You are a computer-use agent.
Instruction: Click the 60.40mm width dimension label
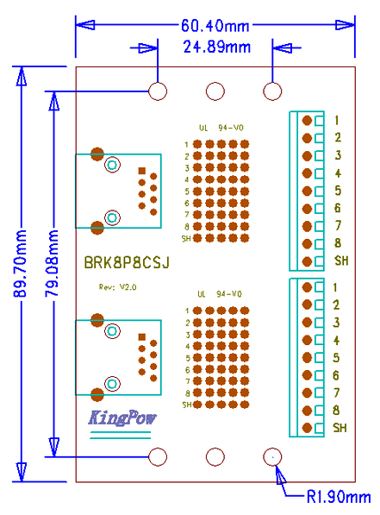coord(215,25)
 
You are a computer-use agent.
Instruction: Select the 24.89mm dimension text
coord(217,47)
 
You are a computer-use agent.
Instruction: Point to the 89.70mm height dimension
coord(20,263)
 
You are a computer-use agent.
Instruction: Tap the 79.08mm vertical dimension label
coord(52,263)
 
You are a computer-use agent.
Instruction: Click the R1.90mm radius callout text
coord(339,497)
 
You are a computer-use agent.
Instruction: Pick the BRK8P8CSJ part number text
coord(127,262)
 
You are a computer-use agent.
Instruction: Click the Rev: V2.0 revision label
coord(117,287)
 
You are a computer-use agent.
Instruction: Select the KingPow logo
coord(121,418)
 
